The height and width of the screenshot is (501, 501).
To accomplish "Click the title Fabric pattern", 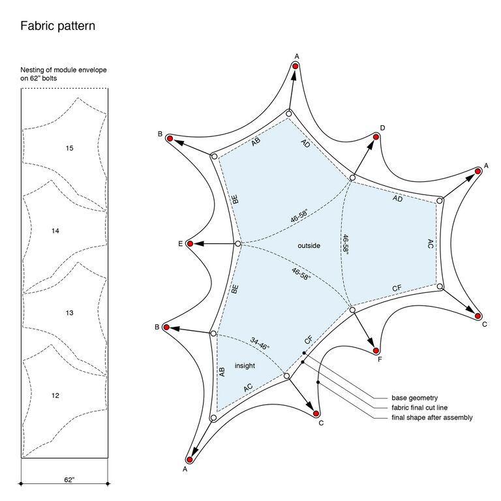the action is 58,26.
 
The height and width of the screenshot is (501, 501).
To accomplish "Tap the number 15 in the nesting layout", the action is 69,148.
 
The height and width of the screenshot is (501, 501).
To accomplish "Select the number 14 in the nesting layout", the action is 55,231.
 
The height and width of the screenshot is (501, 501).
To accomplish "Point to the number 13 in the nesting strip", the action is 69,313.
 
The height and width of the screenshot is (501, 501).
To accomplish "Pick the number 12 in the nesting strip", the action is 55,395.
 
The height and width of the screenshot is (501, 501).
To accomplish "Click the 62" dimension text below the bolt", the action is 69,479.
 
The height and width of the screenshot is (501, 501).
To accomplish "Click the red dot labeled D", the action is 376,137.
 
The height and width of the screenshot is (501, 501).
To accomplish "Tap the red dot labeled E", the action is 190,244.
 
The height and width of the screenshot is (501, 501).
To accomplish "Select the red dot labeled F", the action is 376,351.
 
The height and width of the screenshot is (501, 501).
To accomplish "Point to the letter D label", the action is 382,128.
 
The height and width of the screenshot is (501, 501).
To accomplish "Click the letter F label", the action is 380,359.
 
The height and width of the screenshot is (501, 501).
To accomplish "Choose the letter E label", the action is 181,244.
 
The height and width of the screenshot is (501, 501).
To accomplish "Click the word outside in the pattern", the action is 309,246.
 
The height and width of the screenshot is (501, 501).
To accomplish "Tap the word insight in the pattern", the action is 245,365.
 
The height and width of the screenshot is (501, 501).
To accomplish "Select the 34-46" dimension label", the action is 260,344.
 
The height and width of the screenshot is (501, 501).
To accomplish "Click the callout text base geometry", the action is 415,398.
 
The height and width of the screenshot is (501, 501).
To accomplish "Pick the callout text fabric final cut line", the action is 419,408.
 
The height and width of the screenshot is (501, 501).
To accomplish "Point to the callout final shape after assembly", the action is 432,417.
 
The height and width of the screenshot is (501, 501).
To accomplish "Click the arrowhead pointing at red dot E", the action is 199,244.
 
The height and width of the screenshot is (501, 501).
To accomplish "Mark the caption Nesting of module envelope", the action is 63,70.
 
